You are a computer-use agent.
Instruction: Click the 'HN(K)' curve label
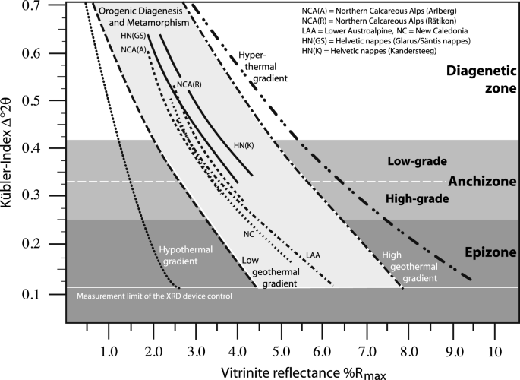click(244, 144)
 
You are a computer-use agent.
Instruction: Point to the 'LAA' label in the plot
click(313, 254)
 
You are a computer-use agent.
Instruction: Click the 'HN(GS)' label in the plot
click(134, 36)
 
